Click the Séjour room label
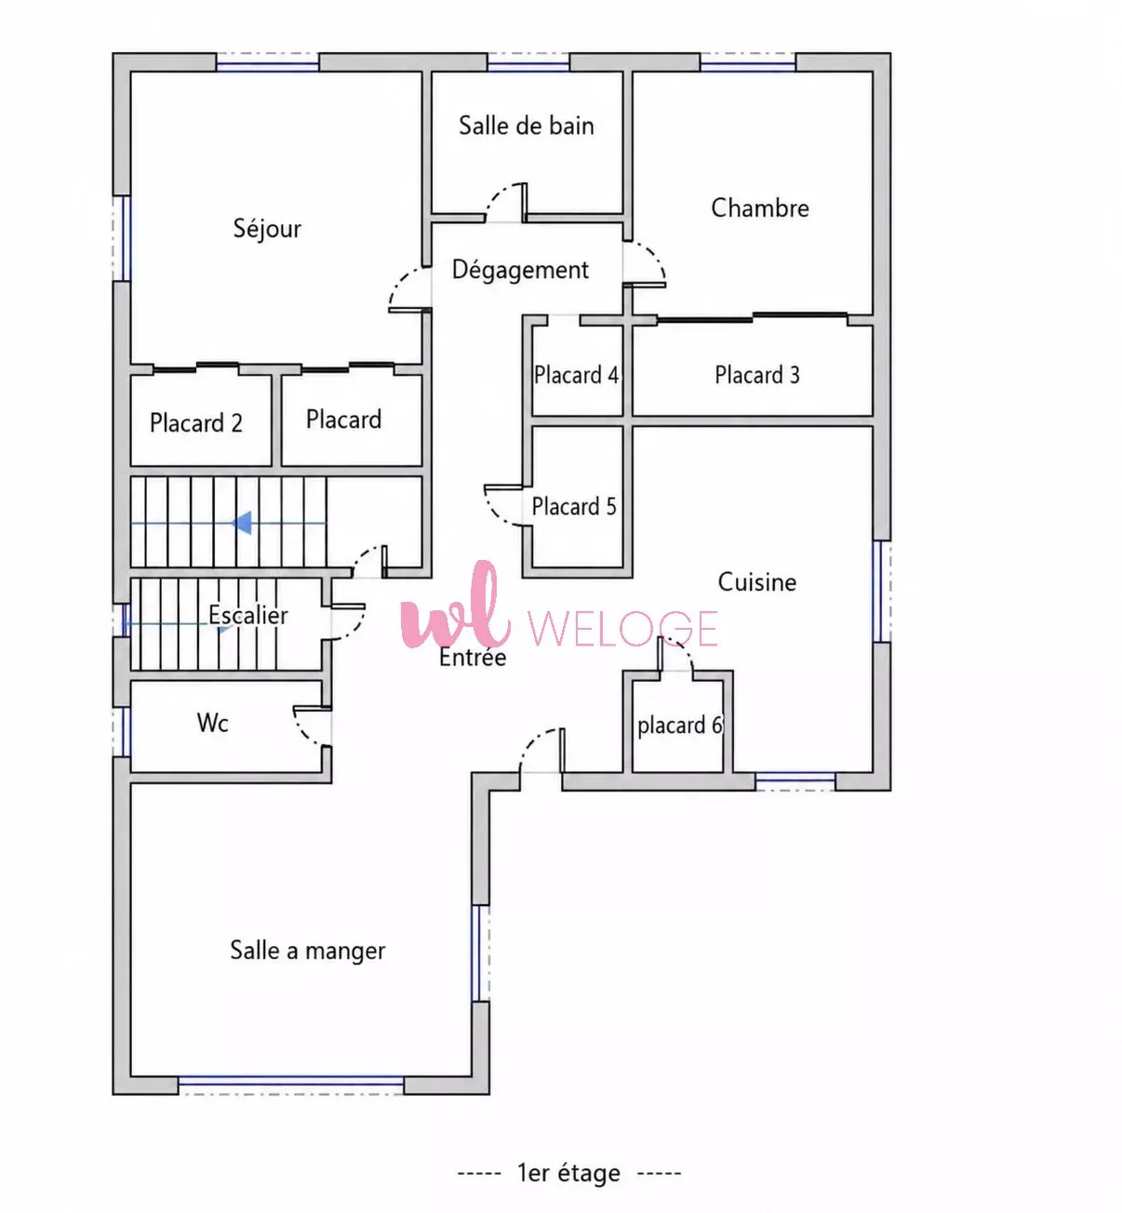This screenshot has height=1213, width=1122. point(267,229)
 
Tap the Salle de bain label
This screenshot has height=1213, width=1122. point(527,126)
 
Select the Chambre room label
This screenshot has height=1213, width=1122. point(759,208)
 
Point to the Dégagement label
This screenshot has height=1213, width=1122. point(520,271)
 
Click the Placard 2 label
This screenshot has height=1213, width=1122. point(196,422)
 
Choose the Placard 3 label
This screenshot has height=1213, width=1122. point(757,375)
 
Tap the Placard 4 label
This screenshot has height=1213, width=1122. point(576,375)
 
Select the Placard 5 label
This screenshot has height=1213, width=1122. point(574,506)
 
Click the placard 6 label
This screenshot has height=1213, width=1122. point(680,726)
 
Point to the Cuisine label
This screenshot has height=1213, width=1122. point(757,582)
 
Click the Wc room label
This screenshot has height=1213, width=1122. point(213,723)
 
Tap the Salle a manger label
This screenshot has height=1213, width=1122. point(307,951)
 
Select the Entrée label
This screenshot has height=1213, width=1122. point(473,658)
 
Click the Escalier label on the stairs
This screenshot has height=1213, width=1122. point(248,615)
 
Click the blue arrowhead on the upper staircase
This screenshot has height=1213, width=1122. point(242,523)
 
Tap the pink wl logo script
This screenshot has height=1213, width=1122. point(456,606)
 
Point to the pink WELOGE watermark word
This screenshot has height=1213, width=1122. point(622,629)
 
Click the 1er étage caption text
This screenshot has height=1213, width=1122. point(569,1173)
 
